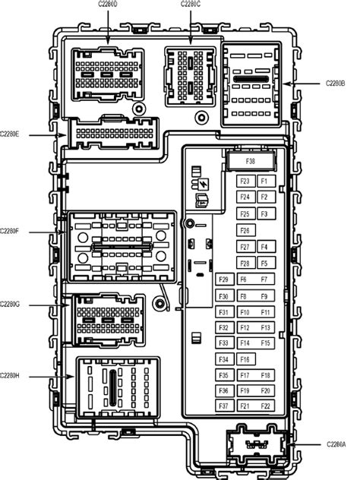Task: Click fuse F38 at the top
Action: click(250, 162)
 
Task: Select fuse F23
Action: click(245, 182)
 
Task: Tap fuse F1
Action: click(264, 182)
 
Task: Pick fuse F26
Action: click(245, 231)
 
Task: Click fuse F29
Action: click(224, 280)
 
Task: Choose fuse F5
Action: click(264, 264)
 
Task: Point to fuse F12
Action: click(245, 328)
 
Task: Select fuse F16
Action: click(245, 359)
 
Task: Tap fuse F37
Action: click(224, 406)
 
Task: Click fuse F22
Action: click(265, 406)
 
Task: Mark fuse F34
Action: click(224, 359)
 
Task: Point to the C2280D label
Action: click(108, 4)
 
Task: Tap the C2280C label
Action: click(191, 4)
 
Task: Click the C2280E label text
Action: click(10, 135)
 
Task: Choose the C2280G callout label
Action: click(10, 305)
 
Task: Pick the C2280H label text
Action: click(10, 375)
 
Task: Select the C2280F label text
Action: click(10, 230)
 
